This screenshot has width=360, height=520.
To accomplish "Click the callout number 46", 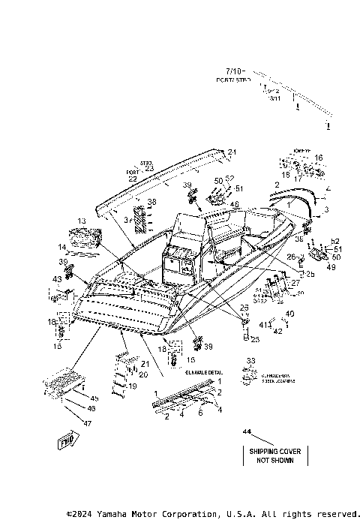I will [91, 408].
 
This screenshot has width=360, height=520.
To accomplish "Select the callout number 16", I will [318, 158].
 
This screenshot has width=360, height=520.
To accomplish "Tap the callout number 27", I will [295, 283].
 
